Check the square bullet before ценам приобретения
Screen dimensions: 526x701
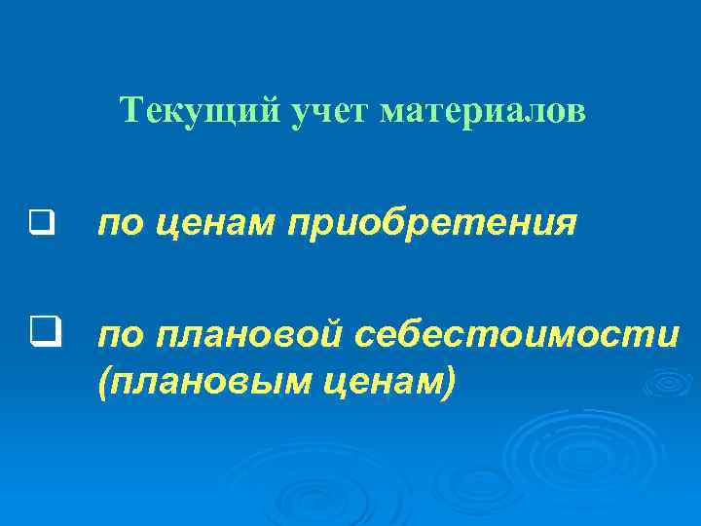(39, 226)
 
